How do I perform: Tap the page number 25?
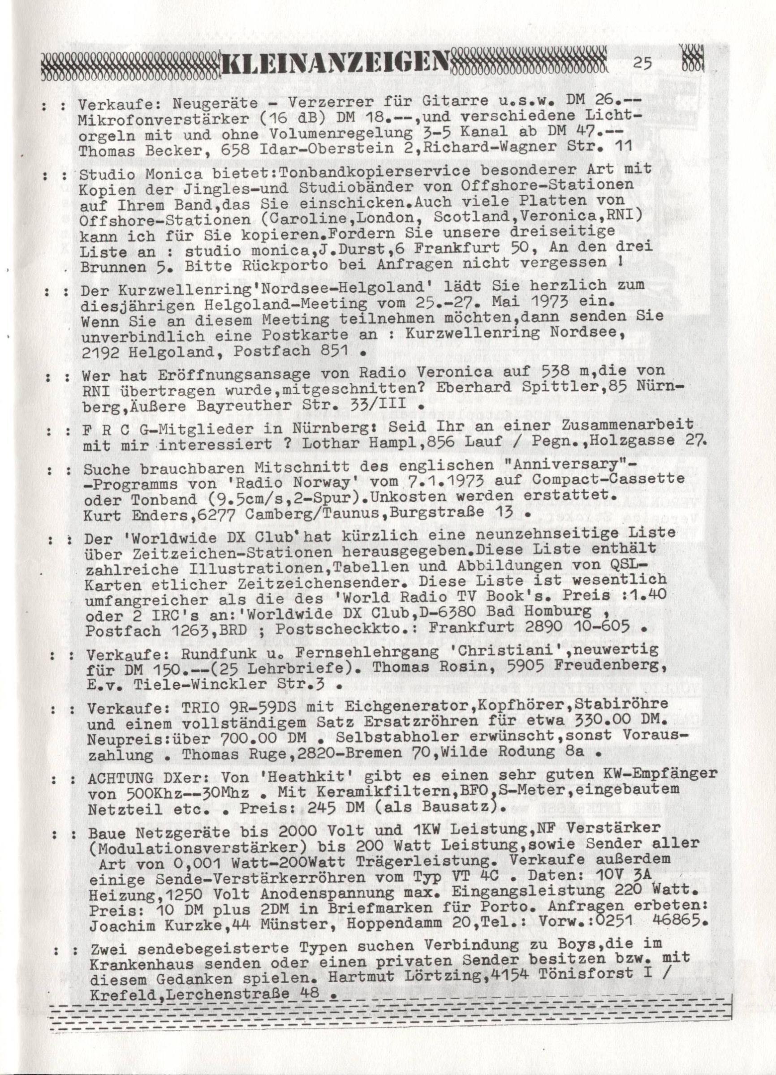pyautogui.click(x=642, y=63)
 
